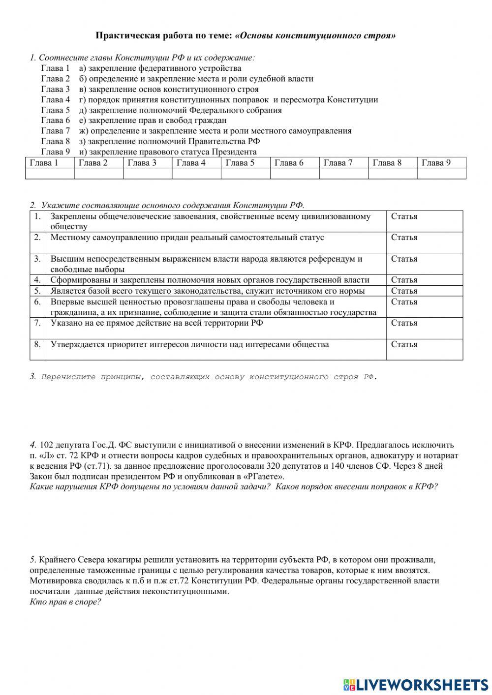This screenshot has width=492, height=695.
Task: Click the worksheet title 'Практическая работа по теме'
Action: (x=164, y=35)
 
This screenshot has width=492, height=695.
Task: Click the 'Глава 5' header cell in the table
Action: (x=245, y=163)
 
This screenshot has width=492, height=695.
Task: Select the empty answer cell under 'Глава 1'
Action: (x=49, y=174)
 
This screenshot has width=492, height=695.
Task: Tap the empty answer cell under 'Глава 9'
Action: (x=441, y=174)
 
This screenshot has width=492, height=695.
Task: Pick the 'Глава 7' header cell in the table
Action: (x=343, y=163)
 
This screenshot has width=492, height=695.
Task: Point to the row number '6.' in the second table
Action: (x=37, y=302)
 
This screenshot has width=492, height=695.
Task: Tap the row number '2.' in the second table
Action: (x=37, y=237)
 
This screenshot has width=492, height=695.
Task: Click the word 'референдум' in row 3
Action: (x=331, y=259)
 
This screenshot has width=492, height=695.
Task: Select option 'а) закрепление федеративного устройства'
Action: (x=160, y=68)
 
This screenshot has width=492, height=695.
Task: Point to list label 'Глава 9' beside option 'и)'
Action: (x=56, y=151)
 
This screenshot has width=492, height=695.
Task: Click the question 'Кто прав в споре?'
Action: (x=65, y=602)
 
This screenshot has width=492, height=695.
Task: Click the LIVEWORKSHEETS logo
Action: (x=416, y=684)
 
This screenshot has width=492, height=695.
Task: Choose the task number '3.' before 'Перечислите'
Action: (x=33, y=377)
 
